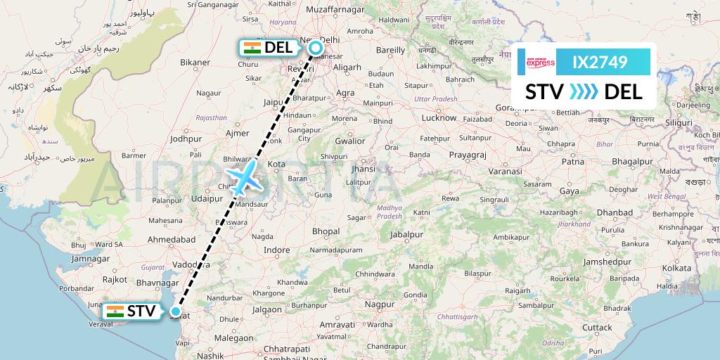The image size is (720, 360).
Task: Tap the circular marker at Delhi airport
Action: tap(316, 48)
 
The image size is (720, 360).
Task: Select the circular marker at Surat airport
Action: tap(176, 311)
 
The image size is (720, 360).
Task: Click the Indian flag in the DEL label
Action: tap(251, 48)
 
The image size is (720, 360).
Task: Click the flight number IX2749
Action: tap(600, 63)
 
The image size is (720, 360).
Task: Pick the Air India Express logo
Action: tap(540, 63)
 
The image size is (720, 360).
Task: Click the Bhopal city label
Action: tap(326, 231)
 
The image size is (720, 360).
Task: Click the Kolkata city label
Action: tap(676, 268)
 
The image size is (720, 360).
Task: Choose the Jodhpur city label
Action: tap(186, 139)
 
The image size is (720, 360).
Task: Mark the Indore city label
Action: tap(276, 250)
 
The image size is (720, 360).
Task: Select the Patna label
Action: tap(574, 162)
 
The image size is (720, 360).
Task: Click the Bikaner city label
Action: tap(195, 63)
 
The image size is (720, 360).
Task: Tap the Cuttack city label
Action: tap(597, 327)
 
